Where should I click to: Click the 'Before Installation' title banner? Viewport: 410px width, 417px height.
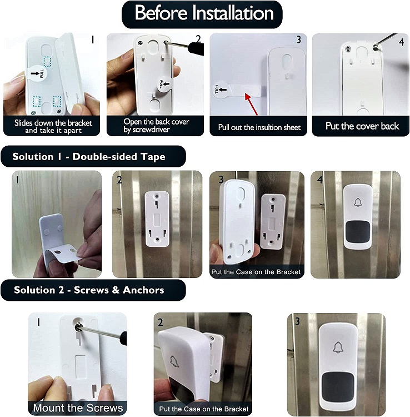click(202, 14)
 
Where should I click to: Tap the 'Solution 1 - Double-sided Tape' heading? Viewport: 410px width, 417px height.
click(93, 156)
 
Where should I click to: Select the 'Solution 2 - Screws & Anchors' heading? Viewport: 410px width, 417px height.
click(93, 290)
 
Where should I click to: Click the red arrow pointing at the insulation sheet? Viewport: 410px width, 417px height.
click(251, 104)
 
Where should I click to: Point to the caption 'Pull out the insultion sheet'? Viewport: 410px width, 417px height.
click(259, 127)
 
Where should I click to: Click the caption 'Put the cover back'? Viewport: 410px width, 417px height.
click(362, 126)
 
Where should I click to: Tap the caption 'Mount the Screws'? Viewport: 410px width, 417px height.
click(78, 408)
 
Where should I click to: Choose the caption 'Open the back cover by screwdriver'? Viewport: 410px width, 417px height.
click(156, 126)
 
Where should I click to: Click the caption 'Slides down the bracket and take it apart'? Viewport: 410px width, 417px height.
click(53, 127)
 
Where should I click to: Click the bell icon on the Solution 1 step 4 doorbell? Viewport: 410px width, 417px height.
click(358, 202)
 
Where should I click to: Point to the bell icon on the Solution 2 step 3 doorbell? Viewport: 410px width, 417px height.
click(338, 348)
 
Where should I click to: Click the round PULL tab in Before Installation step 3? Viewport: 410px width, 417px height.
click(221, 90)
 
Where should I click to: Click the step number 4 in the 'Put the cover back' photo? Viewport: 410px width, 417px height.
click(401, 42)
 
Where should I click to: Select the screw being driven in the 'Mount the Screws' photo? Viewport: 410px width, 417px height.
click(78, 327)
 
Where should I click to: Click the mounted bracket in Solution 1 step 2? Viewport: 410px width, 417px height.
click(157, 220)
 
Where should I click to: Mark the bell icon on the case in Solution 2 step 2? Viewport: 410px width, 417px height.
click(173, 362)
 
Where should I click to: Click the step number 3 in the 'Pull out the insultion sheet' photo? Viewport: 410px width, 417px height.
click(299, 39)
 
